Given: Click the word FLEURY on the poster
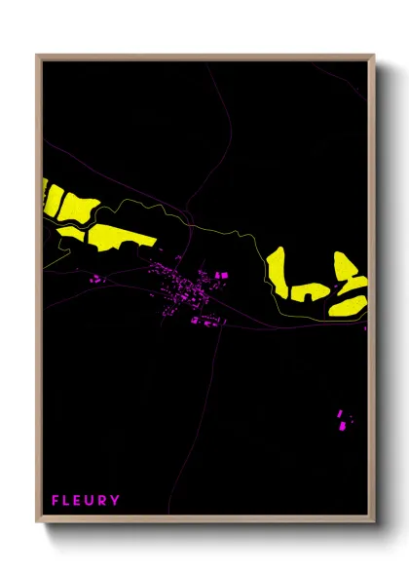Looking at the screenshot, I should pos(87,501).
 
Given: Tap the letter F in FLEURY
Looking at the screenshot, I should pos(56,501).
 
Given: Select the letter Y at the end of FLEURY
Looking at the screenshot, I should pos(117,501).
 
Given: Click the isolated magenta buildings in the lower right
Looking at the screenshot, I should pos(343,420).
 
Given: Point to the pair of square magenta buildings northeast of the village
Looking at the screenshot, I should pos(221,276).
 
